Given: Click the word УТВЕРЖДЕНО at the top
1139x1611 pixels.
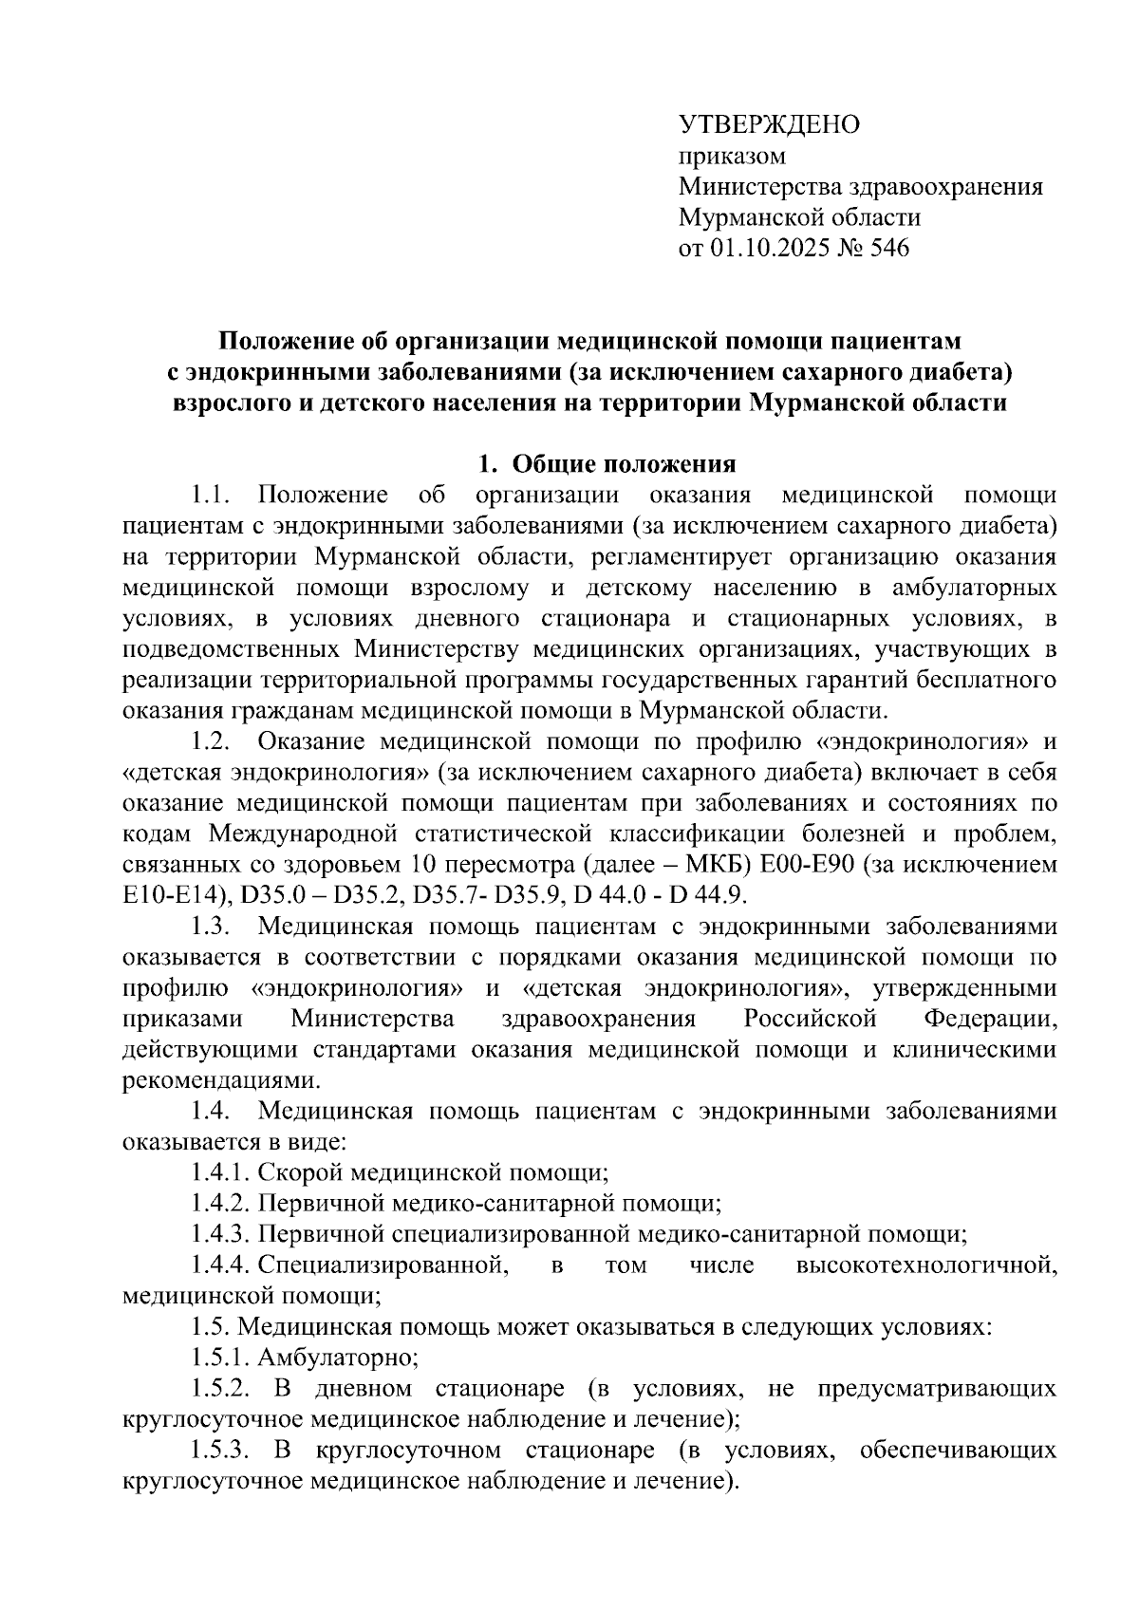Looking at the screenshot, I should point(769,124).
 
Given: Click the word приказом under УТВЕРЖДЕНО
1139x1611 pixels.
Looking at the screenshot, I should point(732,155).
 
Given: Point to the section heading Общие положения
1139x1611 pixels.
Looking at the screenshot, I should point(624,464).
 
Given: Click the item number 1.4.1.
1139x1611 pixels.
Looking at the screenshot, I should point(219,1172).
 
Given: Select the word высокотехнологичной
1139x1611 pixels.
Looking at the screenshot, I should point(925,1265).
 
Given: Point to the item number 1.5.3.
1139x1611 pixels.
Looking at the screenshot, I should point(219,1451).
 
